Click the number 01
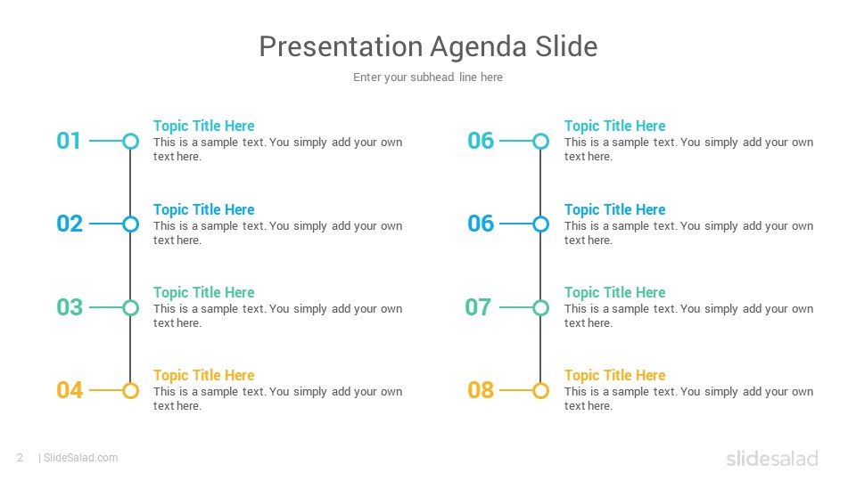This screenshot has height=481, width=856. (69, 141)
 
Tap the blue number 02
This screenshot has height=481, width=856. (70, 224)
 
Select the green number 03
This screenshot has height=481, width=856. (70, 307)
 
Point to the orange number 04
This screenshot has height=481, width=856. (70, 390)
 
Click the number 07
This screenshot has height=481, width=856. (478, 307)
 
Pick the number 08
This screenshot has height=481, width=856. (481, 390)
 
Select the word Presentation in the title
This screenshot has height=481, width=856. (341, 46)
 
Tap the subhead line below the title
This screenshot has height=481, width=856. (427, 77)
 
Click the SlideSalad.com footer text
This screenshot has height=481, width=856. (81, 458)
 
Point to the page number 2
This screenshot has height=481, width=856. (21, 458)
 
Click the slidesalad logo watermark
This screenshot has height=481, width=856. (772, 458)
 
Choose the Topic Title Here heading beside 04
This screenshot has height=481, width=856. (203, 376)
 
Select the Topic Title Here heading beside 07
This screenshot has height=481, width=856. (614, 293)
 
